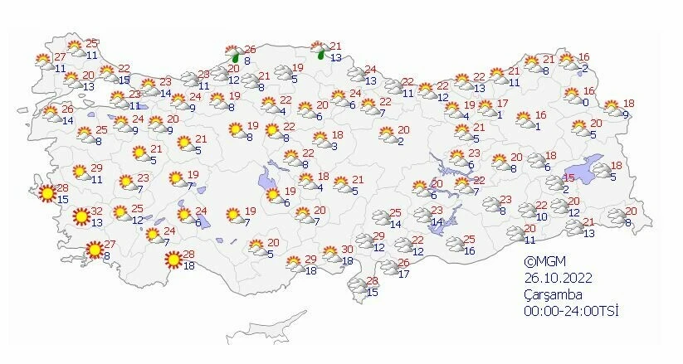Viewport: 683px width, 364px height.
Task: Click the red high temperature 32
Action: [x=96, y=211]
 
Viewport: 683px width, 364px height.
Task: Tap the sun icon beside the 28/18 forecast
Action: [x=173, y=260]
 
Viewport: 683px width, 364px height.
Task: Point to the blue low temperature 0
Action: [x=585, y=102]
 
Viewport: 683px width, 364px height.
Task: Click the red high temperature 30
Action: [x=348, y=250]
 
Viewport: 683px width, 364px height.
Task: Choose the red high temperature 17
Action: [x=502, y=104]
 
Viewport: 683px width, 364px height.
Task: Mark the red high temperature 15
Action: [x=569, y=178]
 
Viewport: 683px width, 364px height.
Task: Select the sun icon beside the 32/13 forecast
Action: [x=80, y=218]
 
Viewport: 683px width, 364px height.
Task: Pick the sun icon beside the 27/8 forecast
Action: [x=95, y=248]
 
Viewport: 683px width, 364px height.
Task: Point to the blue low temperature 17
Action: [x=404, y=274]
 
